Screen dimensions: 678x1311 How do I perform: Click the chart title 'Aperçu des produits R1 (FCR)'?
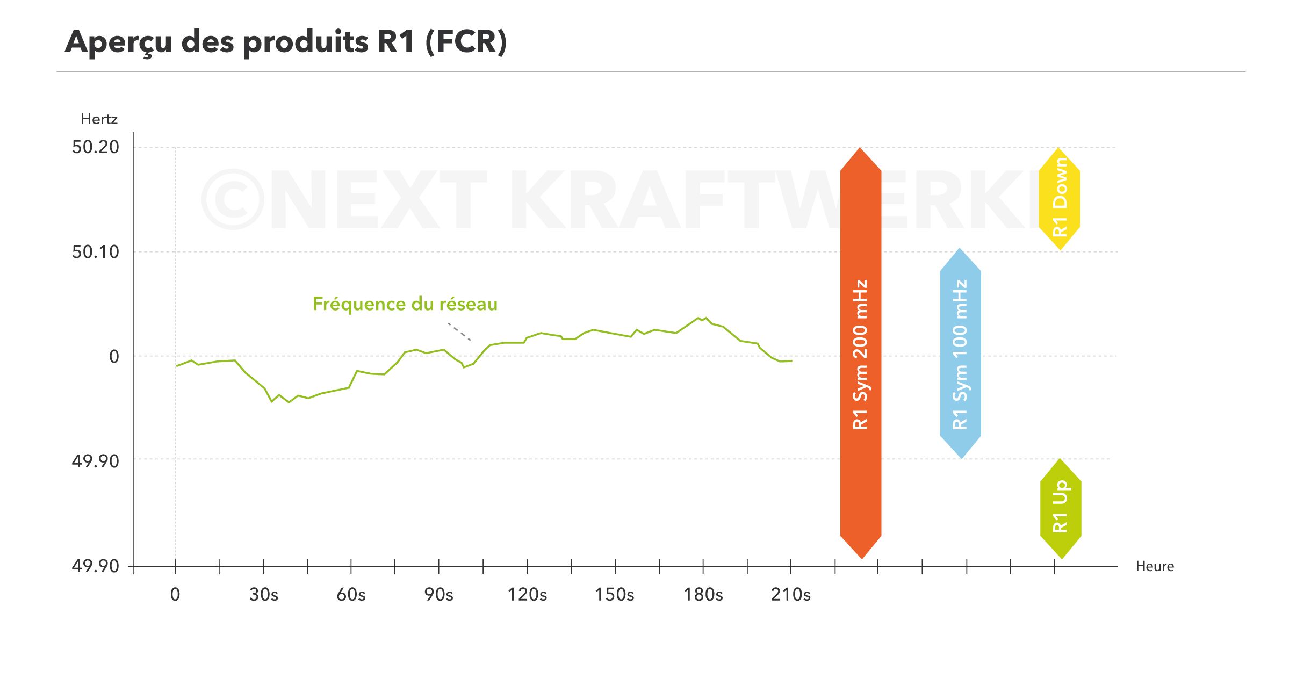coord(285,41)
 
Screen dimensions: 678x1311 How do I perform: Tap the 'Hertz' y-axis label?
coord(99,119)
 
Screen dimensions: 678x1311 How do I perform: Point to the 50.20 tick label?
coord(96,147)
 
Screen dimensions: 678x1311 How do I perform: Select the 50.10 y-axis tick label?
coord(96,251)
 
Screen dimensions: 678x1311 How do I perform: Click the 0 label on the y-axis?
coord(114,356)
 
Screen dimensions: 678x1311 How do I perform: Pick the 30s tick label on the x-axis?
coord(263,595)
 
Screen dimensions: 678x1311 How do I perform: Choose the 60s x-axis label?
coord(351,595)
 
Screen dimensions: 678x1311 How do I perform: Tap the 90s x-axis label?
coord(438,595)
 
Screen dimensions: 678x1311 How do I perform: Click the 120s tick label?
coord(527,595)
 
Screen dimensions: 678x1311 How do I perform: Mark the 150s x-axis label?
coord(614,595)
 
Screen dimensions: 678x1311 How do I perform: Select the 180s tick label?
coord(703,595)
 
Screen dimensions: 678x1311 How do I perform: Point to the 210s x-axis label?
coord(790,595)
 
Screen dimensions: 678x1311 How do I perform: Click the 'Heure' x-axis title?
coord(1154,566)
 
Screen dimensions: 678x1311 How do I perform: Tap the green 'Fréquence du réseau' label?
coord(405,304)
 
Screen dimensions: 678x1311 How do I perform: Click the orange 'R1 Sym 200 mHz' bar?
coord(860,354)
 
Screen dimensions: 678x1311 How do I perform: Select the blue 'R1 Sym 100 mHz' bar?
coord(960,354)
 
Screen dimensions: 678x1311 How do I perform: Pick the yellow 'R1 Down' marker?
coord(1059,198)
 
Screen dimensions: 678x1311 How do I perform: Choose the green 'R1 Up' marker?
coord(1060,508)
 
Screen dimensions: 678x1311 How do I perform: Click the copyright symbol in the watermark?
coord(233,199)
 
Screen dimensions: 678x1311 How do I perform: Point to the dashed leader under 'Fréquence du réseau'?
coord(459,332)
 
